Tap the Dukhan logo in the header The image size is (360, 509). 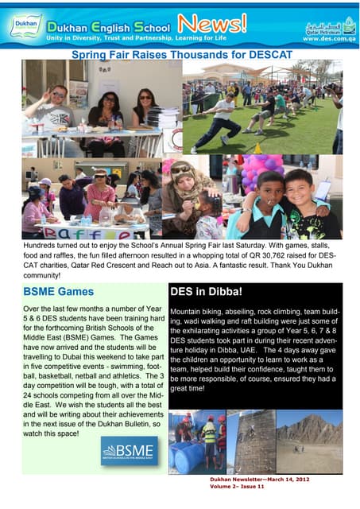(25, 27)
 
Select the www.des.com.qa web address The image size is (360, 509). (328, 37)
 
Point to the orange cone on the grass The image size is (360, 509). (257, 148)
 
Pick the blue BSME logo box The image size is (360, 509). (129, 451)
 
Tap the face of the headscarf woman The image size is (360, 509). (181, 176)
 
